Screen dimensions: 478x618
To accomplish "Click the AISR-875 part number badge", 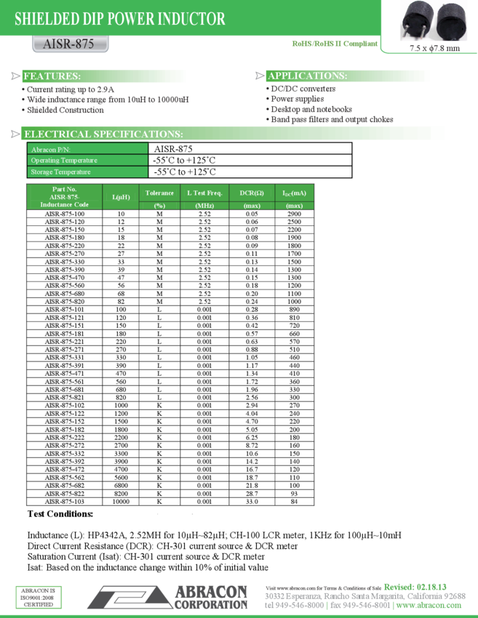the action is [x=71, y=44].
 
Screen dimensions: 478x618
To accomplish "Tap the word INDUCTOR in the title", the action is [x=190, y=20].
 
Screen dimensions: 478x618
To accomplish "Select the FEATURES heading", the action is [x=52, y=76].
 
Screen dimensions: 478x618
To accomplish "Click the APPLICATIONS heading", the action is [x=307, y=76].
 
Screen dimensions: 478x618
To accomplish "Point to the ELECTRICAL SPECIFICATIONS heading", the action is [x=103, y=134].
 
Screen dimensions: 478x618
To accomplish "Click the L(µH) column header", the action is [x=121, y=197].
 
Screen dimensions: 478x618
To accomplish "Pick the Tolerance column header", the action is [x=159, y=193].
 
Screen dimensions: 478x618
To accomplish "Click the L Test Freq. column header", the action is [x=204, y=193].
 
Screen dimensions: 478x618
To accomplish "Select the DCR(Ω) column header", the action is [x=252, y=193].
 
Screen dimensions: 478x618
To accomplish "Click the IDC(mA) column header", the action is [x=294, y=193].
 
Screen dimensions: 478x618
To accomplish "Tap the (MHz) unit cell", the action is [x=204, y=206].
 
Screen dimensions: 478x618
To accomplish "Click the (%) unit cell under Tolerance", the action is [x=159, y=206].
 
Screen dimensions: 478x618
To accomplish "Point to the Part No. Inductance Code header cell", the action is [x=65, y=197].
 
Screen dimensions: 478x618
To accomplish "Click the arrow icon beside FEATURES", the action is [x=16, y=76].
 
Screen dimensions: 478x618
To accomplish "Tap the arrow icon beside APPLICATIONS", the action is [x=260, y=76].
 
